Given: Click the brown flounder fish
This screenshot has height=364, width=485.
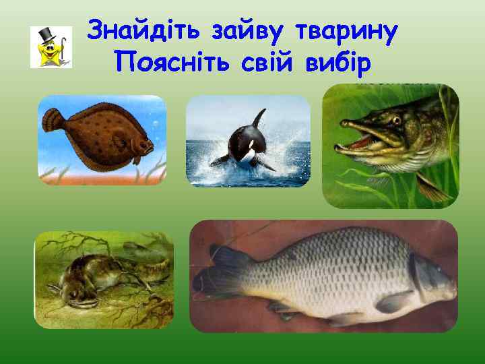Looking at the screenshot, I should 98,131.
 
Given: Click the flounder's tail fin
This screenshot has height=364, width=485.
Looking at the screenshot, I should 51,122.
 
